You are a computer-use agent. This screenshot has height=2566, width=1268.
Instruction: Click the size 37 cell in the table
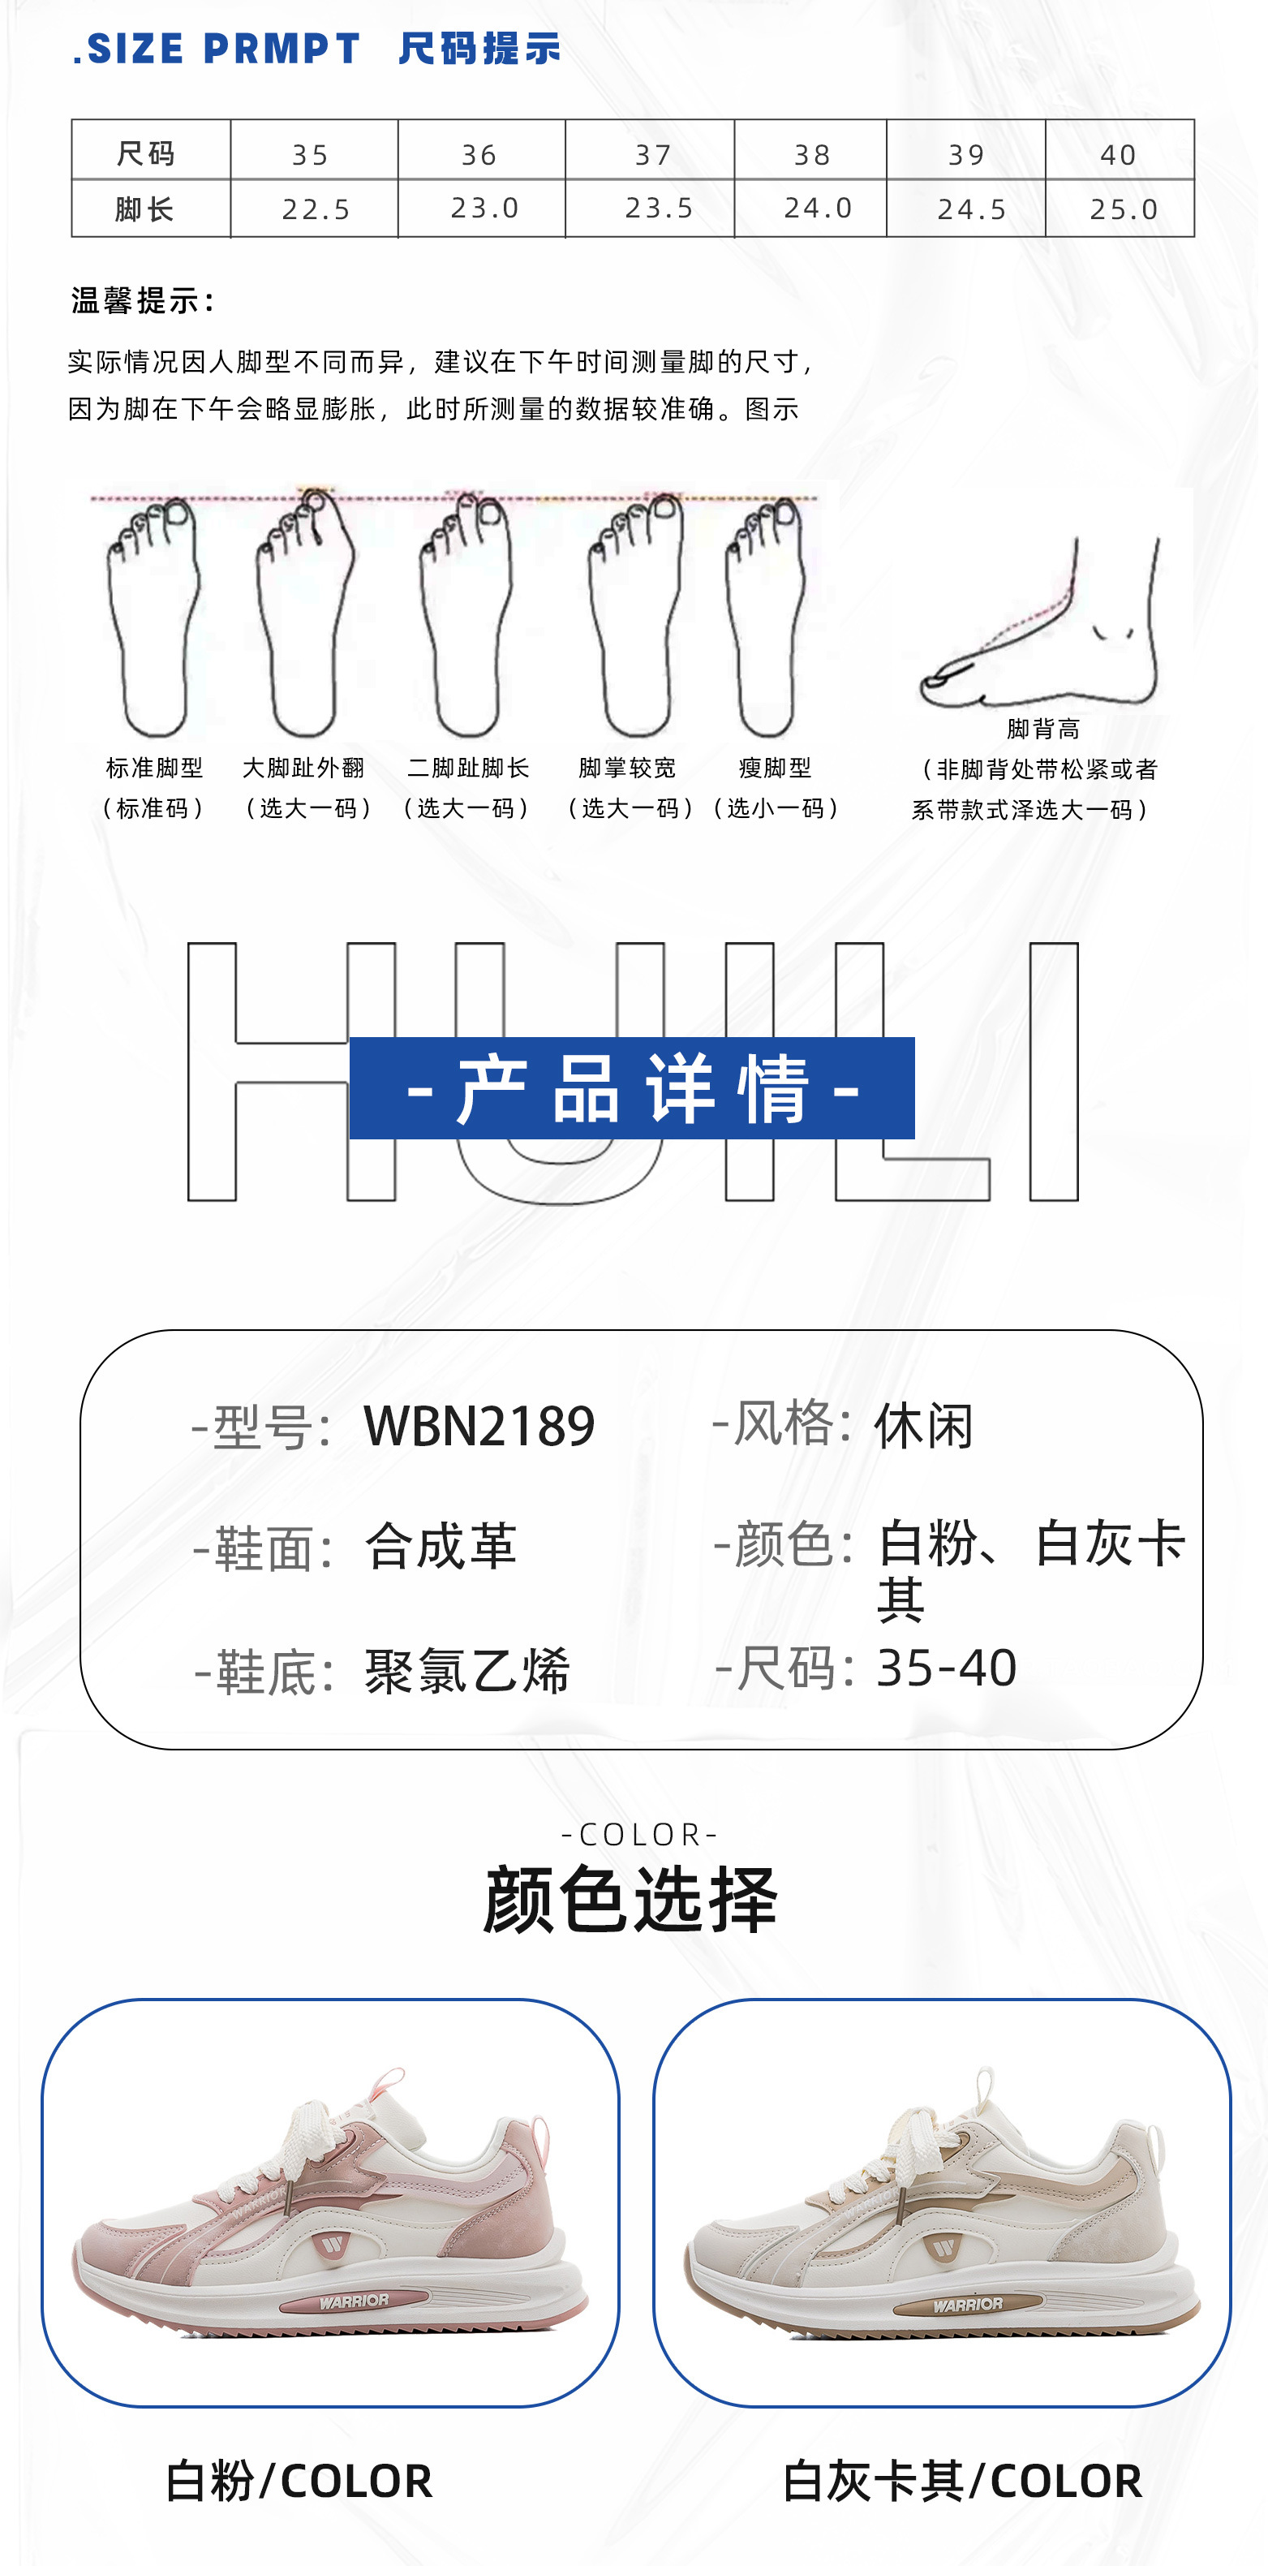click(x=653, y=154)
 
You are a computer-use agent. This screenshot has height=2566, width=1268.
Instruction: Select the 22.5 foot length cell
click(x=316, y=209)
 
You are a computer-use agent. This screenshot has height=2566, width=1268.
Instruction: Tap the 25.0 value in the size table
click(x=1123, y=209)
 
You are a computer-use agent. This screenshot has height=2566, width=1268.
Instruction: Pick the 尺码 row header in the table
click(x=145, y=153)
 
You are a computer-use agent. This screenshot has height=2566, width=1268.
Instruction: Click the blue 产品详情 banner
click(x=631, y=1087)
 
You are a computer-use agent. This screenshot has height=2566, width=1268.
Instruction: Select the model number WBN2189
click(x=479, y=1427)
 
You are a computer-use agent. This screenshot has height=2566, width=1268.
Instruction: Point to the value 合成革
click(x=441, y=1547)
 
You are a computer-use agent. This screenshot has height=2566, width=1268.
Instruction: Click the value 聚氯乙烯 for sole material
click(x=467, y=1670)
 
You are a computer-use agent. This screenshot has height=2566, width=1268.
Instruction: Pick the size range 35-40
click(x=946, y=1668)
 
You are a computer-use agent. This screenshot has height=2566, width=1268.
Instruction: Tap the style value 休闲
click(x=923, y=1427)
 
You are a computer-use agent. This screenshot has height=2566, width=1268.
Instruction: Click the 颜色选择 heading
click(x=630, y=1900)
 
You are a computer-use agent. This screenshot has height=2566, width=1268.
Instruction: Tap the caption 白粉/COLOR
click(x=299, y=2480)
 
